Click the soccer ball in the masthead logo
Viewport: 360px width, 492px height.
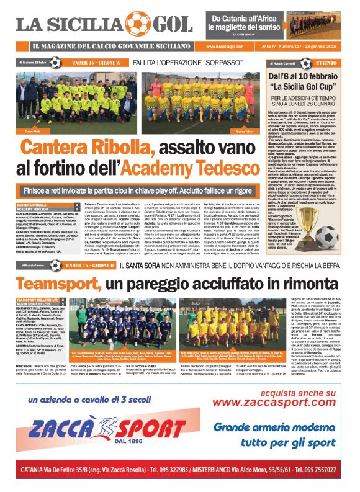pos(133,23)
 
